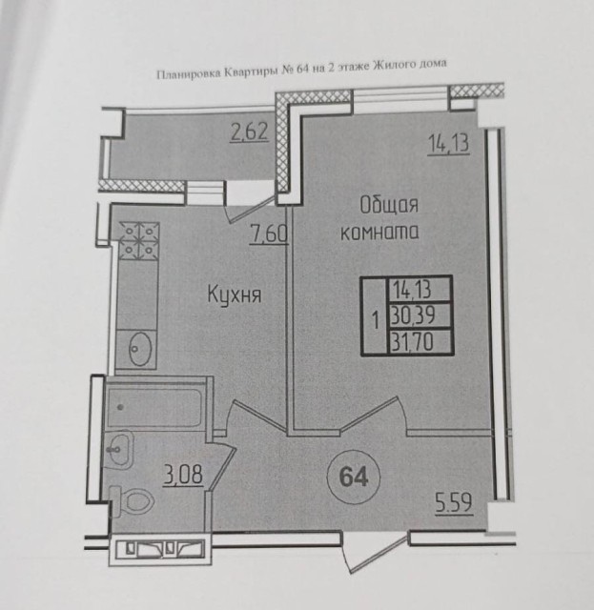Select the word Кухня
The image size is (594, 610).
pyautogui.click(x=235, y=295)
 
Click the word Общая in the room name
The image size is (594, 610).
pyautogui.click(x=389, y=204)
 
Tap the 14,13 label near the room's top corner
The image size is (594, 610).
pyautogui.click(x=445, y=145)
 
